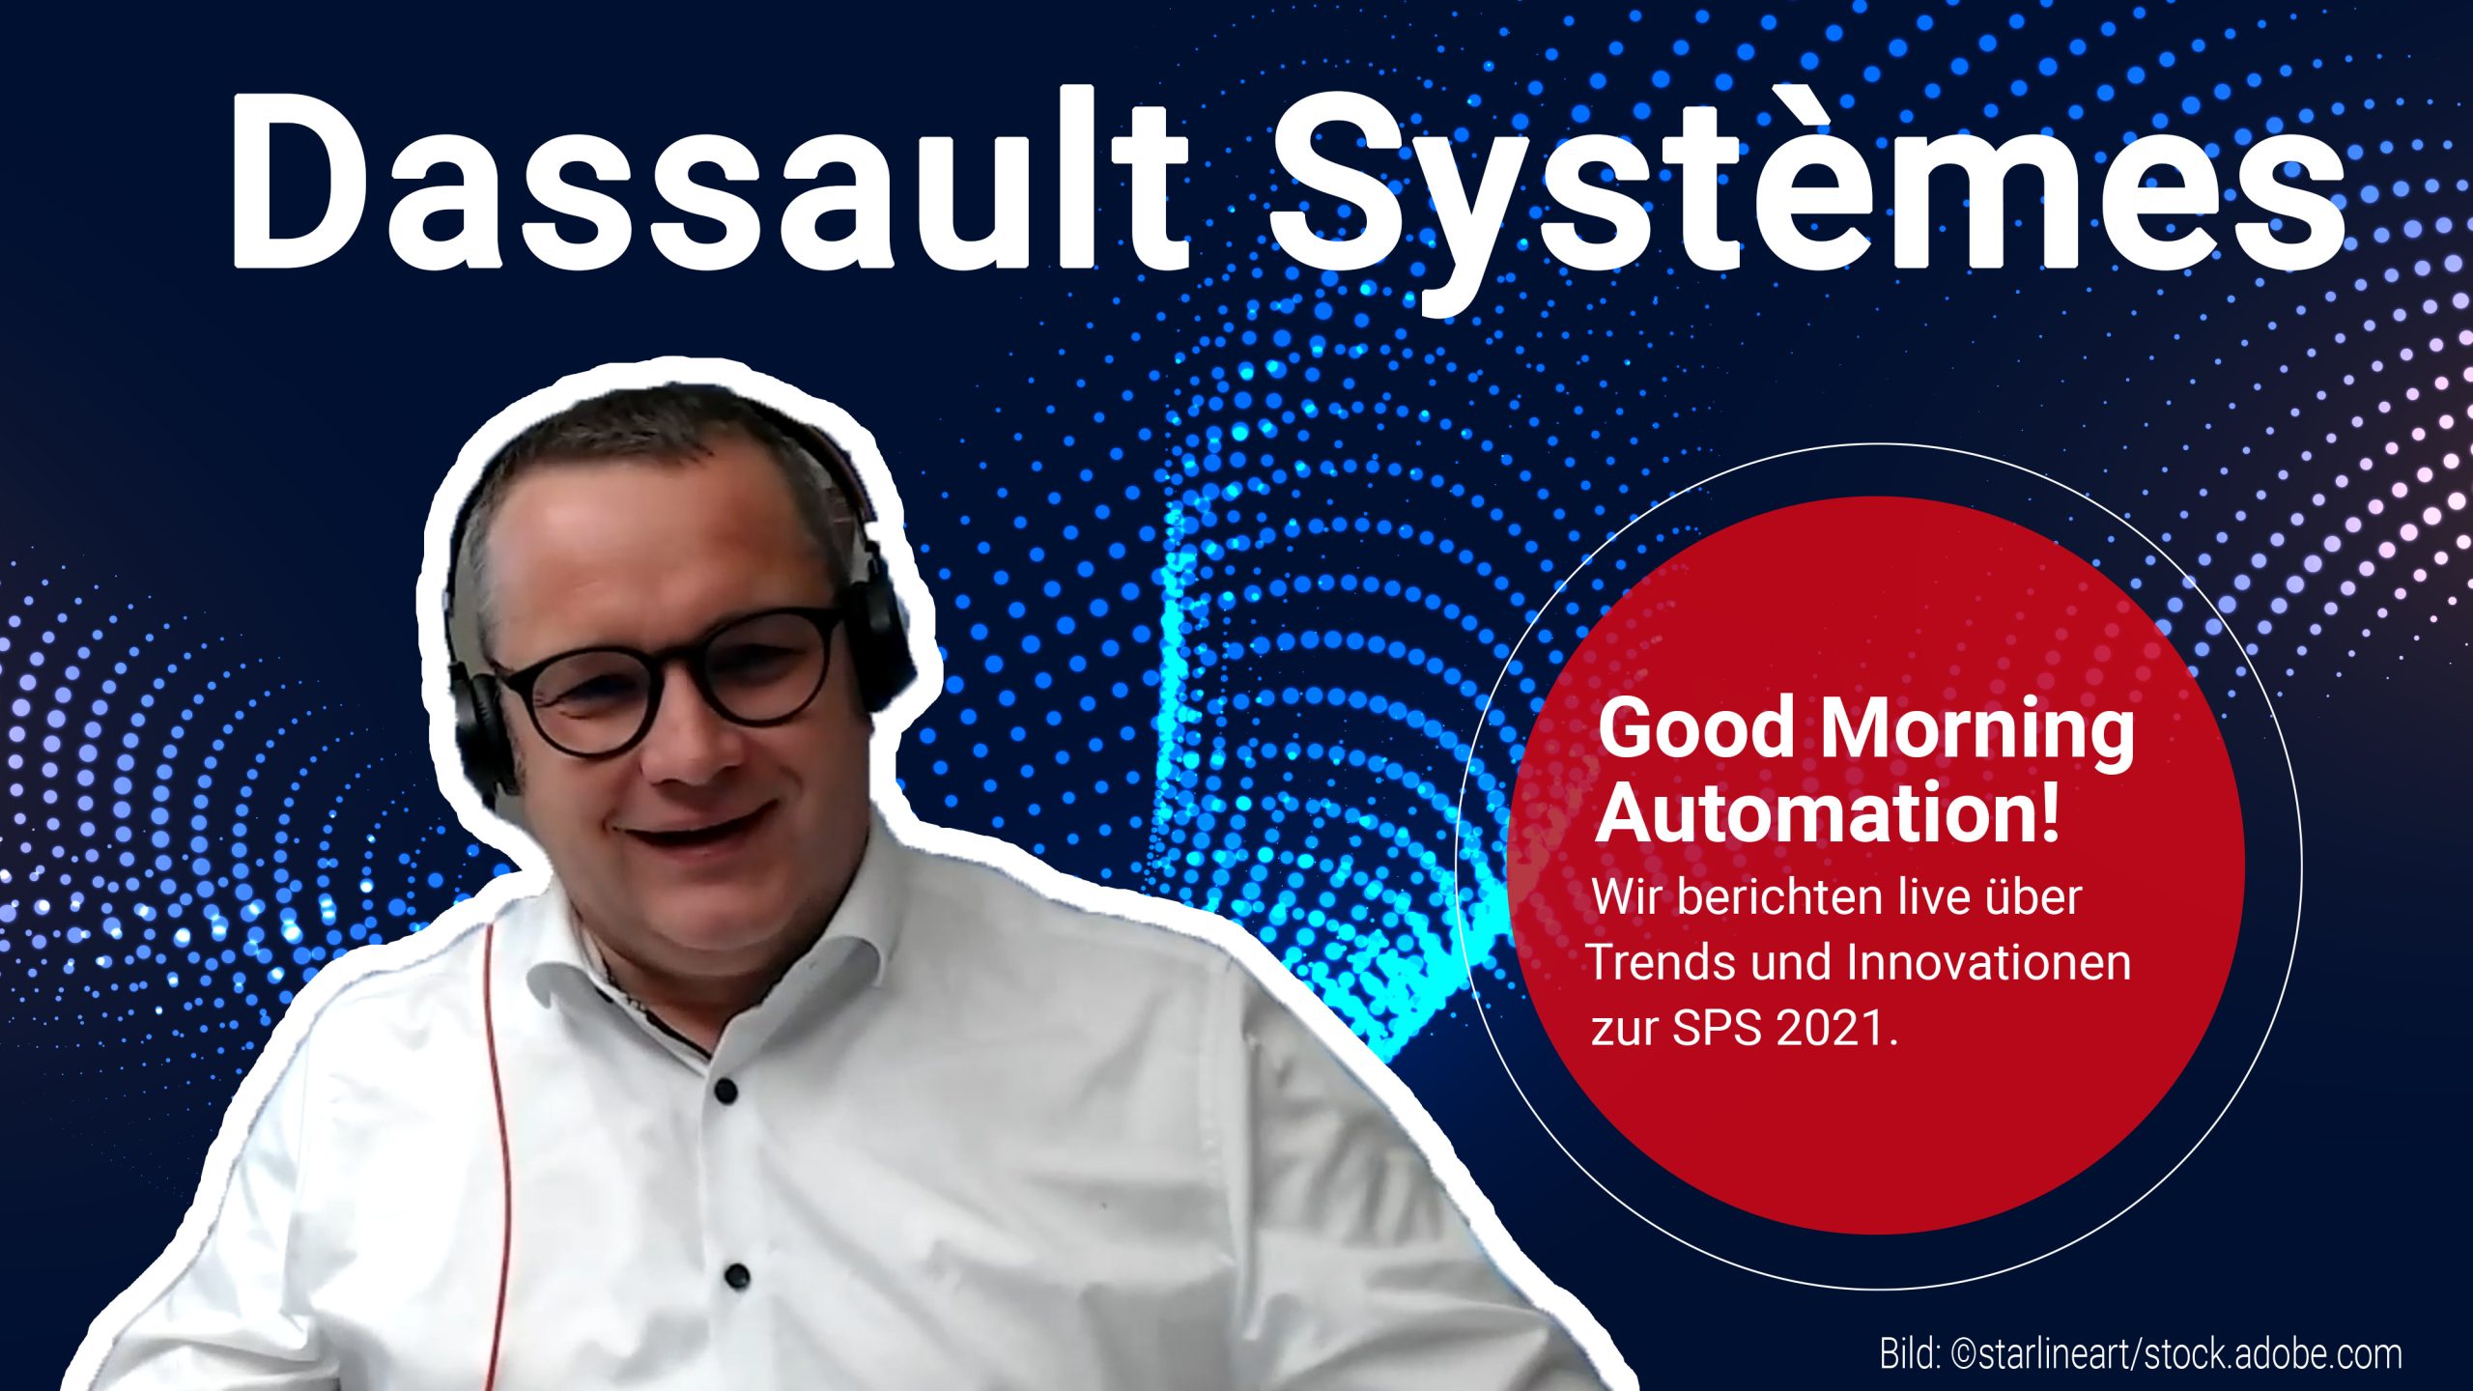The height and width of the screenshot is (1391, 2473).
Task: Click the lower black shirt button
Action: [737, 1275]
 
